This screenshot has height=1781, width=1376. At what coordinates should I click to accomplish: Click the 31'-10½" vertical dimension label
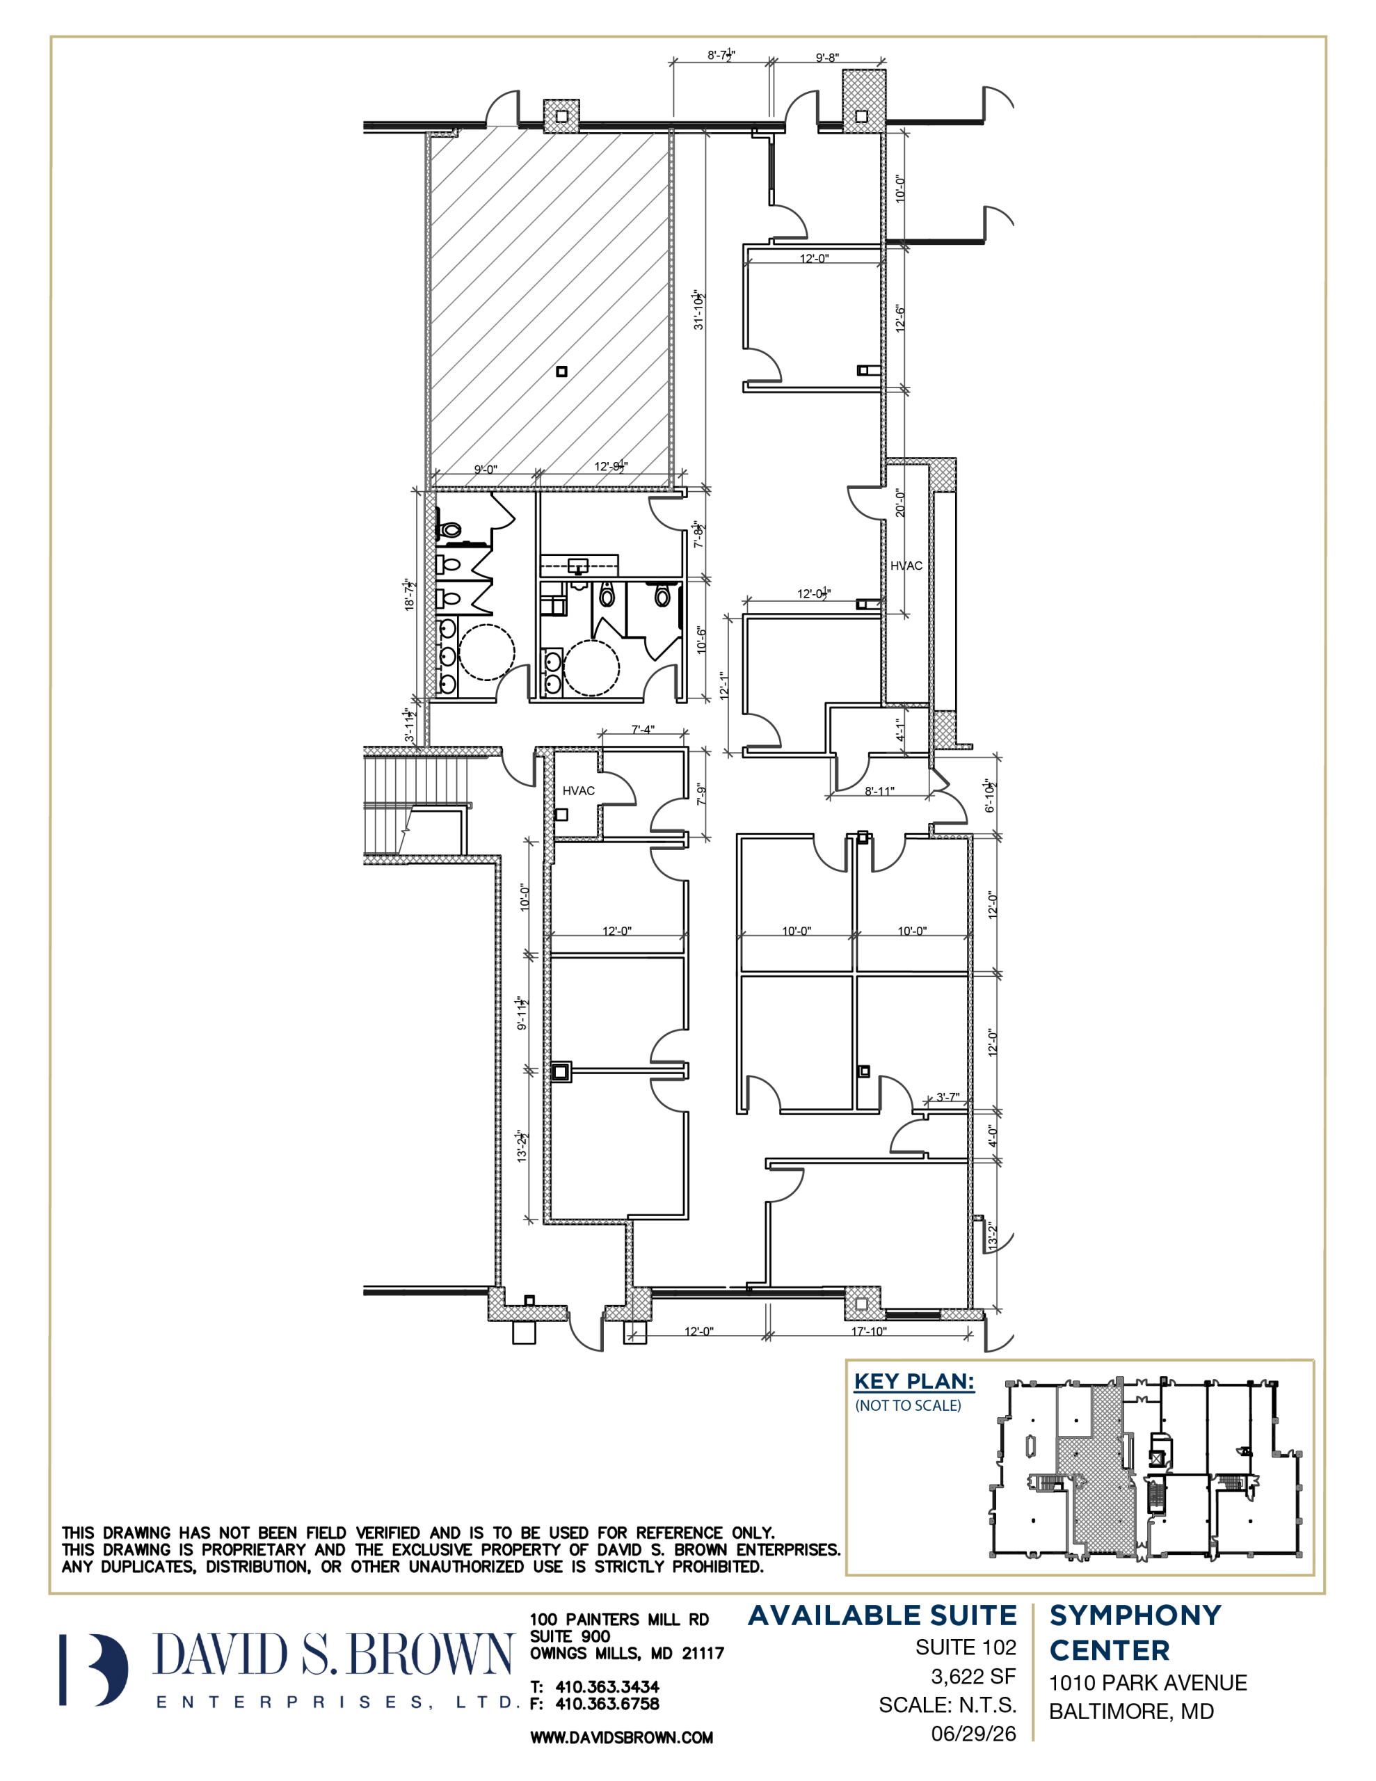pyautogui.click(x=699, y=310)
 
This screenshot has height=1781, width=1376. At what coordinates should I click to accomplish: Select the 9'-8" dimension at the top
pyautogui.click(x=827, y=58)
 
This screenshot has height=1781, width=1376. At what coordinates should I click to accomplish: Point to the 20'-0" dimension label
pyautogui.click(x=900, y=502)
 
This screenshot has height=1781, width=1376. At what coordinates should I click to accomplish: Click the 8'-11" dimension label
pyautogui.click(x=879, y=791)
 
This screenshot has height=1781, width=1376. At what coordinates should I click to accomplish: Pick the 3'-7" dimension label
pyautogui.click(x=947, y=1097)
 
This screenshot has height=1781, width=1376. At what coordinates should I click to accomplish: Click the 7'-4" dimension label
pyautogui.click(x=643, y=730)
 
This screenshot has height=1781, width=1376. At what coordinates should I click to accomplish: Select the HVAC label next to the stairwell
pyautogui.click(x=578, y=790)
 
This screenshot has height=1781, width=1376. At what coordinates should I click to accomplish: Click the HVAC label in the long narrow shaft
pyautogui.click(x=906, y=565)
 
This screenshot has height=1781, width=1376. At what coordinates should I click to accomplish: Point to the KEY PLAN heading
pyautogui.click(x=914, y=1382)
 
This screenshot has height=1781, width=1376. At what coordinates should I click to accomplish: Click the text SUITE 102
pyautogui.click(x=966, y=1647)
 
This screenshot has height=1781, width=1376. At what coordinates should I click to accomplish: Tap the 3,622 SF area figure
pyautogui.click(x=974, y=1677)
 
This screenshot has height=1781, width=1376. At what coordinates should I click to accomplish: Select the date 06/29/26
pyautogui.click(x=974, y=1734)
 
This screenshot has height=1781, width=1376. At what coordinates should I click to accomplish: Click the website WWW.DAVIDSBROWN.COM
pyautogui.click(x=621, y=1738)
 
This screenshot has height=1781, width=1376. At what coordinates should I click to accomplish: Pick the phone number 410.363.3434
pyautogui.click(x=607, y=1686)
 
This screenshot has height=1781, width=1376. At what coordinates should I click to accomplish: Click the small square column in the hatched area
pyautogui.click(x=561, y=372)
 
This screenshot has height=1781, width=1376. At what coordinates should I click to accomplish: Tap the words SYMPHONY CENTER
pyautogui.click(x=1135, y=1633)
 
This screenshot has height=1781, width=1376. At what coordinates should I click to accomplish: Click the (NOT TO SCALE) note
pyautogui.click(x=908, y=1406)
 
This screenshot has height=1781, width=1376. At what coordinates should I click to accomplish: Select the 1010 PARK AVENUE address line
pyautogui.click(x=1148, y=1682)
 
